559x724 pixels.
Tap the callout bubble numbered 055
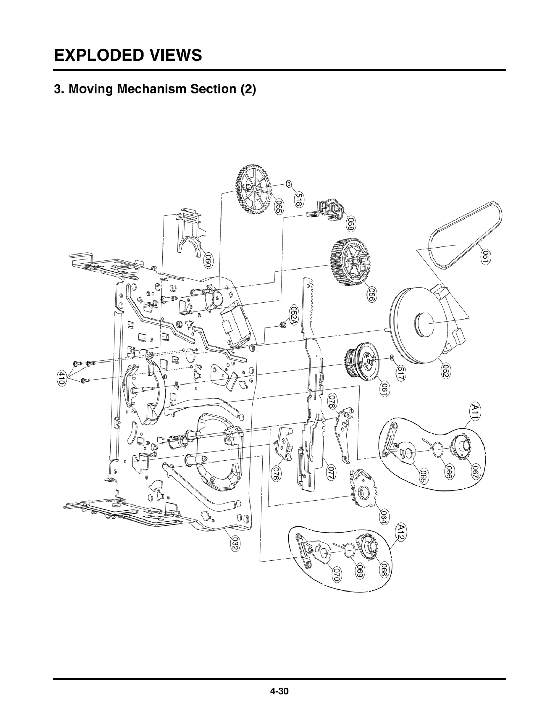278,207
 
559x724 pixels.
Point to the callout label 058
351,224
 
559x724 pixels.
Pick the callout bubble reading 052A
294,316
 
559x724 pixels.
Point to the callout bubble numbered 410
61,379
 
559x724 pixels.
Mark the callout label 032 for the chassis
234,545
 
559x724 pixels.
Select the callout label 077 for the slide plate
331,472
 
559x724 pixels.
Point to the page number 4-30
279,691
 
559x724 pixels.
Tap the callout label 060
208,261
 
